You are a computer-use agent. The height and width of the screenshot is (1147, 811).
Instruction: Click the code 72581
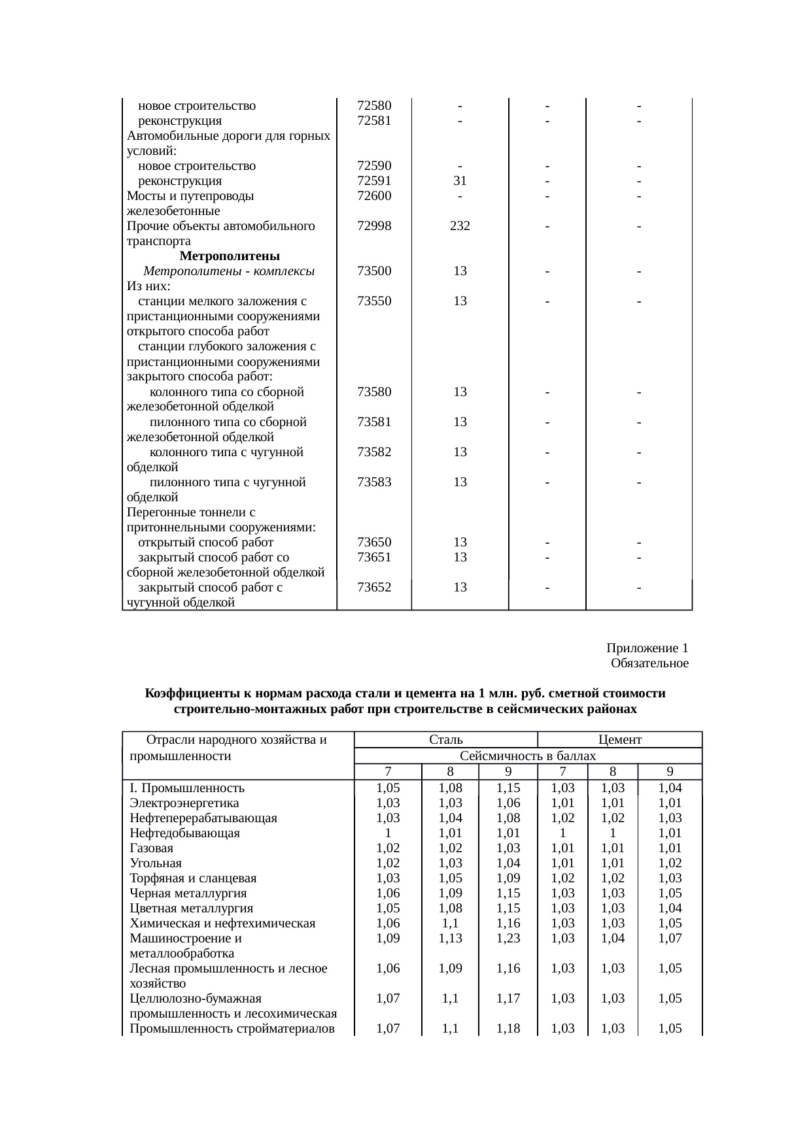[x=374, y=121]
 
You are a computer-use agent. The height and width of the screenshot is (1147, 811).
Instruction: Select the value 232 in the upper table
[x=460, y=226]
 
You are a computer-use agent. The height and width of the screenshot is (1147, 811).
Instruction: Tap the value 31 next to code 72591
[x=460, y=181]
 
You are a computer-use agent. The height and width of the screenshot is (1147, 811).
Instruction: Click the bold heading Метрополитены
[x=230, y=256]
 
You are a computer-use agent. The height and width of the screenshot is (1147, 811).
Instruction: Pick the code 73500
[x=374, y=271]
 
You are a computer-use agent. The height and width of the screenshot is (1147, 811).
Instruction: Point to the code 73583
[x=374, y=482]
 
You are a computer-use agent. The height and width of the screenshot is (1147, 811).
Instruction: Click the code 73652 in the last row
[x=374, y=587]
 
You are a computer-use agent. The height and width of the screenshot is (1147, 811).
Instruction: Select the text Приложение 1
[x=647, y=648]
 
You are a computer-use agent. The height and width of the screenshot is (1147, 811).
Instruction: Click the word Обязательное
[x=649, y=663]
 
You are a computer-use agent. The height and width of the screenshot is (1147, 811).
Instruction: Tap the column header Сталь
[x=446, y=740]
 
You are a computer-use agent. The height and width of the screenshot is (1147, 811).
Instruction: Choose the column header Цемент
[x=620, y=740]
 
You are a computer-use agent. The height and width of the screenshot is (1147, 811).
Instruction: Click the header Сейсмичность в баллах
[x=528, y=756]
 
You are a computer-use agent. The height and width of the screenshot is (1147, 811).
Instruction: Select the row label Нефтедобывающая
[x=184, y=833]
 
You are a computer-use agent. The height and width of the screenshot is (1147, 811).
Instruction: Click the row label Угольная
[x=156, y=863]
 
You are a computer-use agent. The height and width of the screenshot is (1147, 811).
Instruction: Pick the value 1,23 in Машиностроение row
[x=508, y=939]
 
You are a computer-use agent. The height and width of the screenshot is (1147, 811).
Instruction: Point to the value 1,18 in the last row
[x=508, y=1029]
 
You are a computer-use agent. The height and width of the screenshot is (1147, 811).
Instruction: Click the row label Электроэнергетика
[x=184, y=803]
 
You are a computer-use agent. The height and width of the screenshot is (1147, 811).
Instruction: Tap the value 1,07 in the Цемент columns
[x=670, y=939]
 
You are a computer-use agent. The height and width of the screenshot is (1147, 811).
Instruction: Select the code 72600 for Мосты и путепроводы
[x=374, y=196]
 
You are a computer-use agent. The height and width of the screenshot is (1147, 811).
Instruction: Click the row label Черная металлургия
[x=188, y=893]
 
